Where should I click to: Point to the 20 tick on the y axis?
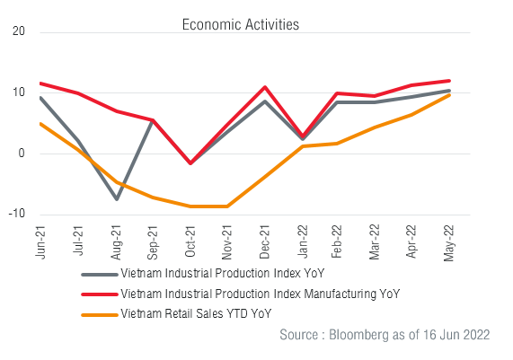pos(19,32)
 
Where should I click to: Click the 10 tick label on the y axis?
pos(19,92)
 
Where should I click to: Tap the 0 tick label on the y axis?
pos(22,153)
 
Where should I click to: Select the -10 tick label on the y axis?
pos(17,214)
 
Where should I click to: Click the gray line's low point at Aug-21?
pos(116,198)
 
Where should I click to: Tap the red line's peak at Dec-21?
pos(264,87)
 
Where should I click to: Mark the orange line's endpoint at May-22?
pos(449,94)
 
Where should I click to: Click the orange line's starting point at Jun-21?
pos(41,124)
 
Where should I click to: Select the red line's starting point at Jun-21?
pos(41,83)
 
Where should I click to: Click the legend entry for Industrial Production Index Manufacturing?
pos(259,294)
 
